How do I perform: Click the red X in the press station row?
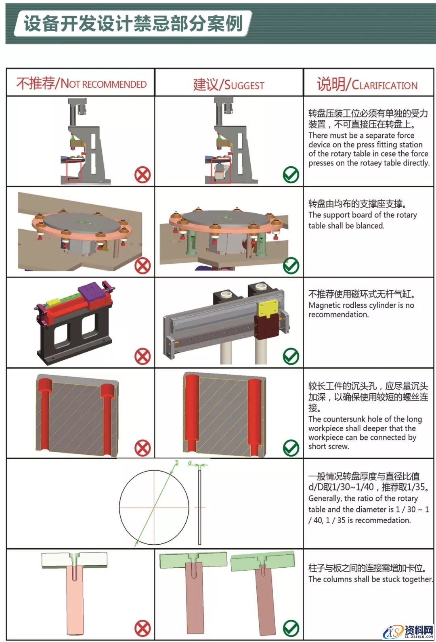[x=143, y=174]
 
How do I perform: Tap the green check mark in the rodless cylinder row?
[x=291, y=356]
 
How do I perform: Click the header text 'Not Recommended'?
[x=81, y=84]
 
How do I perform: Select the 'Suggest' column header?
[x=228, y=85]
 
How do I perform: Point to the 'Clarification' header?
[x=367, y=84]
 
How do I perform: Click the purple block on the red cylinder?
[x=93, y=291]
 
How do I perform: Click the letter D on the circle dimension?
[x=176, y=463]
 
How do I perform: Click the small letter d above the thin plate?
[x=190, y=463]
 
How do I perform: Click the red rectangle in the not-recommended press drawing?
[x=74, y=170]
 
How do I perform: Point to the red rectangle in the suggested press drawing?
[x=221, y=171]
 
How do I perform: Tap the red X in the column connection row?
[x=143, y=628]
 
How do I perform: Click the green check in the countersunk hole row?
[x=291, y=447]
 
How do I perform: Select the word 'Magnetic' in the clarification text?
[x=325, y=305]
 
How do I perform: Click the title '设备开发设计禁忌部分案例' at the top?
[x=133, y=23]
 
